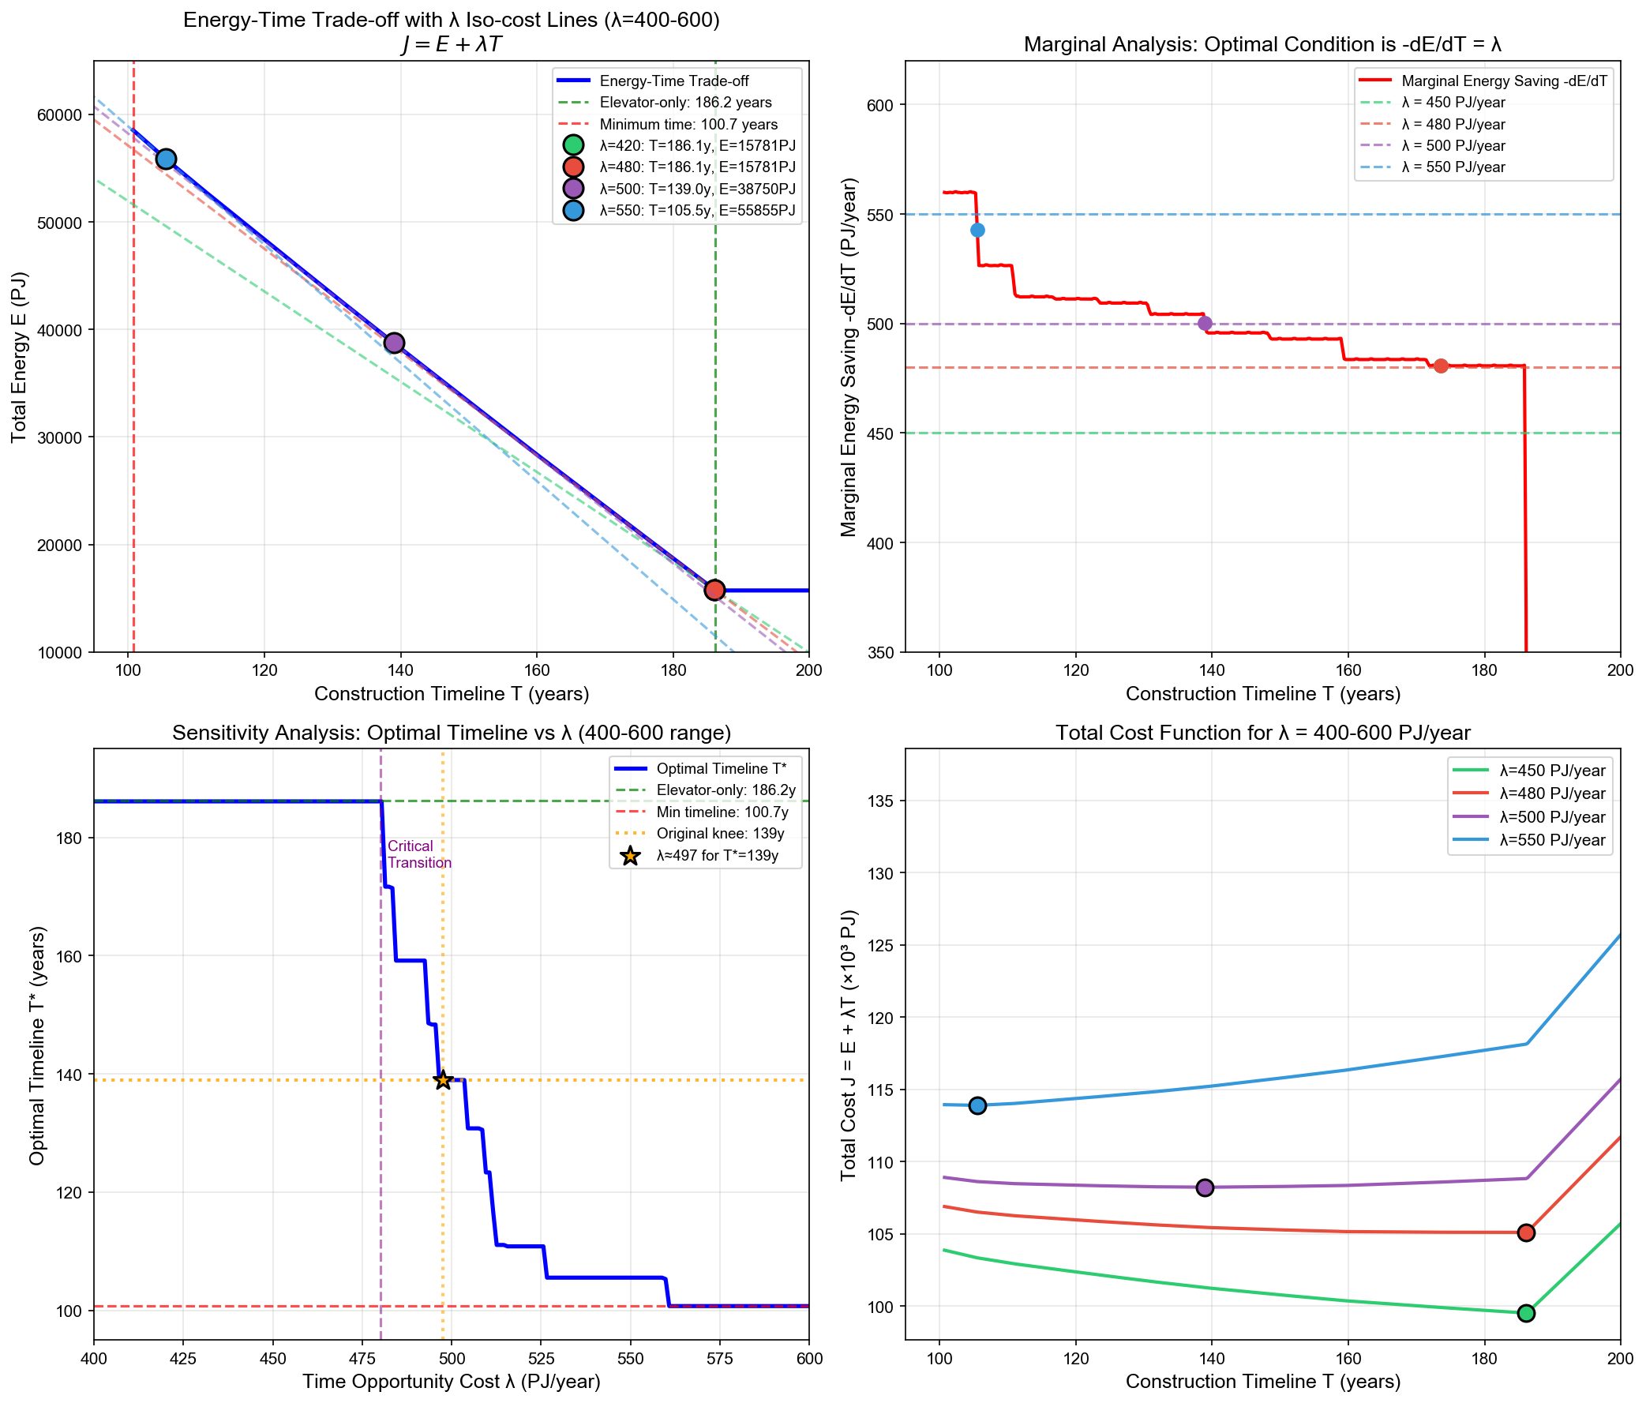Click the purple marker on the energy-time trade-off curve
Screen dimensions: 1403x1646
coord(394,343)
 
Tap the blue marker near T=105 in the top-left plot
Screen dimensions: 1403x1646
coord(165,159)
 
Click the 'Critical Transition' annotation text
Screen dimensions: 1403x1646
coord(418,854)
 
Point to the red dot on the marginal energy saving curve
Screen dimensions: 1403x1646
coord(1440,366)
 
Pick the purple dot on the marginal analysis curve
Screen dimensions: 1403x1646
coord(1205,324)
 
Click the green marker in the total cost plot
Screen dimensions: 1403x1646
coord(1525,1313)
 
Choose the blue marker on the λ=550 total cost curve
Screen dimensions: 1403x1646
coord(977,1105)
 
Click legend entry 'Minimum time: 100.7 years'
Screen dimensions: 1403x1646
coord(688,124)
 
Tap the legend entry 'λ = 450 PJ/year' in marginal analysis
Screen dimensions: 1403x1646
coord(1453,103)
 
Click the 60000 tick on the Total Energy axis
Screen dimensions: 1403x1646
coord(59,115)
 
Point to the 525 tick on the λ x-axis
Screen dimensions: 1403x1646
coord(541,1359)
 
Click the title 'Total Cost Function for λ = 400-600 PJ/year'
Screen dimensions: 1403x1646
coord(1262,733)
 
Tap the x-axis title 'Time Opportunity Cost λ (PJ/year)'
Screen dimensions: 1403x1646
coord(452,1382)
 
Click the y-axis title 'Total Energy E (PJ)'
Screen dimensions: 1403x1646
coord(19,357)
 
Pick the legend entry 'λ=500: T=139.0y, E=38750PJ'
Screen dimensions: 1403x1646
coord(697,189)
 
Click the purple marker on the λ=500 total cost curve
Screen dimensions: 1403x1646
coord(1205,1187)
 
